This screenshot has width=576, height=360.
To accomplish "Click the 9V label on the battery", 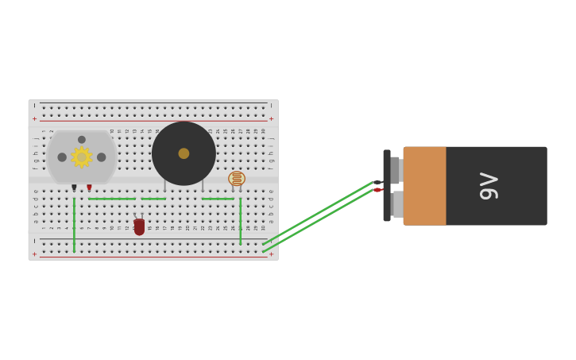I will tap(489, 186).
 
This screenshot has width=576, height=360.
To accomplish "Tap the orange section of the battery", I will tap(424, 186).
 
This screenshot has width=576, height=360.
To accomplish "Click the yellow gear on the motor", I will tap(82, 157).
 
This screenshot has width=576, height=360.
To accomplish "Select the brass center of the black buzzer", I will tap(184, 153).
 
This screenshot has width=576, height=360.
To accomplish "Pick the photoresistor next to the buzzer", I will tap(237, 178).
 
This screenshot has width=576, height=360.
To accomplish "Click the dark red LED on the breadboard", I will tap(139, 227).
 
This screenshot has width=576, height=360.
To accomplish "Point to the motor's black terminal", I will tap(74, 188).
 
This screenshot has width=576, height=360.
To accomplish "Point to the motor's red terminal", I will tap(89, 188).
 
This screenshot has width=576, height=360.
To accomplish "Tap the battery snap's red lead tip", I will tap(378, 190).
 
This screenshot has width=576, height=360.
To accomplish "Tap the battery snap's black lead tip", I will tap(377, 183).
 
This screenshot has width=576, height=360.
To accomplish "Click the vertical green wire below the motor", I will tap(74, 225).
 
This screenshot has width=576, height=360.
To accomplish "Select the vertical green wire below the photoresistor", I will tap(240, 221).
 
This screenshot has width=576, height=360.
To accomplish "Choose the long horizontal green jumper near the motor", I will tap(111, 199).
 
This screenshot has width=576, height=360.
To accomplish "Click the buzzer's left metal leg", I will tap(164, 186).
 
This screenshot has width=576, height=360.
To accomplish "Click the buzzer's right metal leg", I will tap(203, 186).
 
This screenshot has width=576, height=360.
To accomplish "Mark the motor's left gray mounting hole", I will tap(62, 157).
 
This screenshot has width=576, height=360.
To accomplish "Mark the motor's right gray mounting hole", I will tap(102, 157).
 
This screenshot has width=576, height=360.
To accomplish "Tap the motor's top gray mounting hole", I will tap(82, 140).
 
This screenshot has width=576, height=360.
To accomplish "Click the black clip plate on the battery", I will tap(387, 185).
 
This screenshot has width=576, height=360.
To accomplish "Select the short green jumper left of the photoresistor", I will tap(217, 199).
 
